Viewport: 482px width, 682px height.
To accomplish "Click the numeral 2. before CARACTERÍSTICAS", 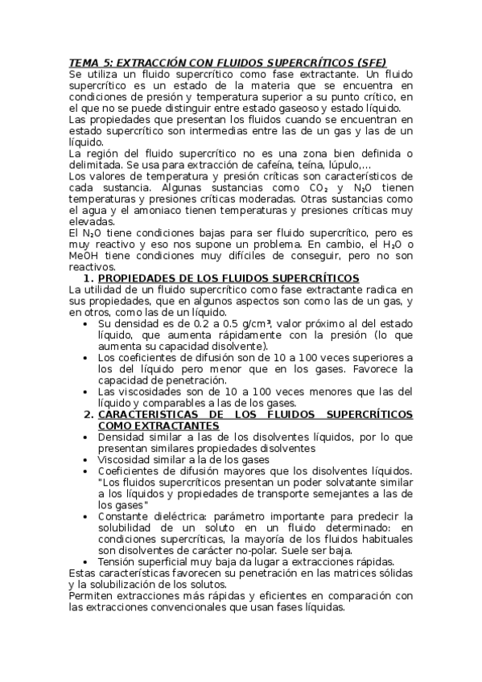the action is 89,413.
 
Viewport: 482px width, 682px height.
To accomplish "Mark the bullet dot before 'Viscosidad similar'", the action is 85,459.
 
